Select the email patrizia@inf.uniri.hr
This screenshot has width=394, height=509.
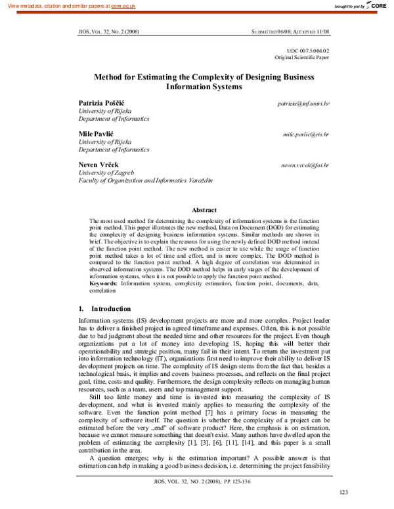pyautogui.click(x=303, y=104)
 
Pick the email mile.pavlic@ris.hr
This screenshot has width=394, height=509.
pyautogui.click(x=306, y=133)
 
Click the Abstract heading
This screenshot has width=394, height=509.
pyautogui.click(x=204, y=209)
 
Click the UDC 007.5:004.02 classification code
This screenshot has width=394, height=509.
pyautogui.click(x=309, y=51)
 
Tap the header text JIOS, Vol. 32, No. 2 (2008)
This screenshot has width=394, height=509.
pyautogui.click(x=108, y=31)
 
